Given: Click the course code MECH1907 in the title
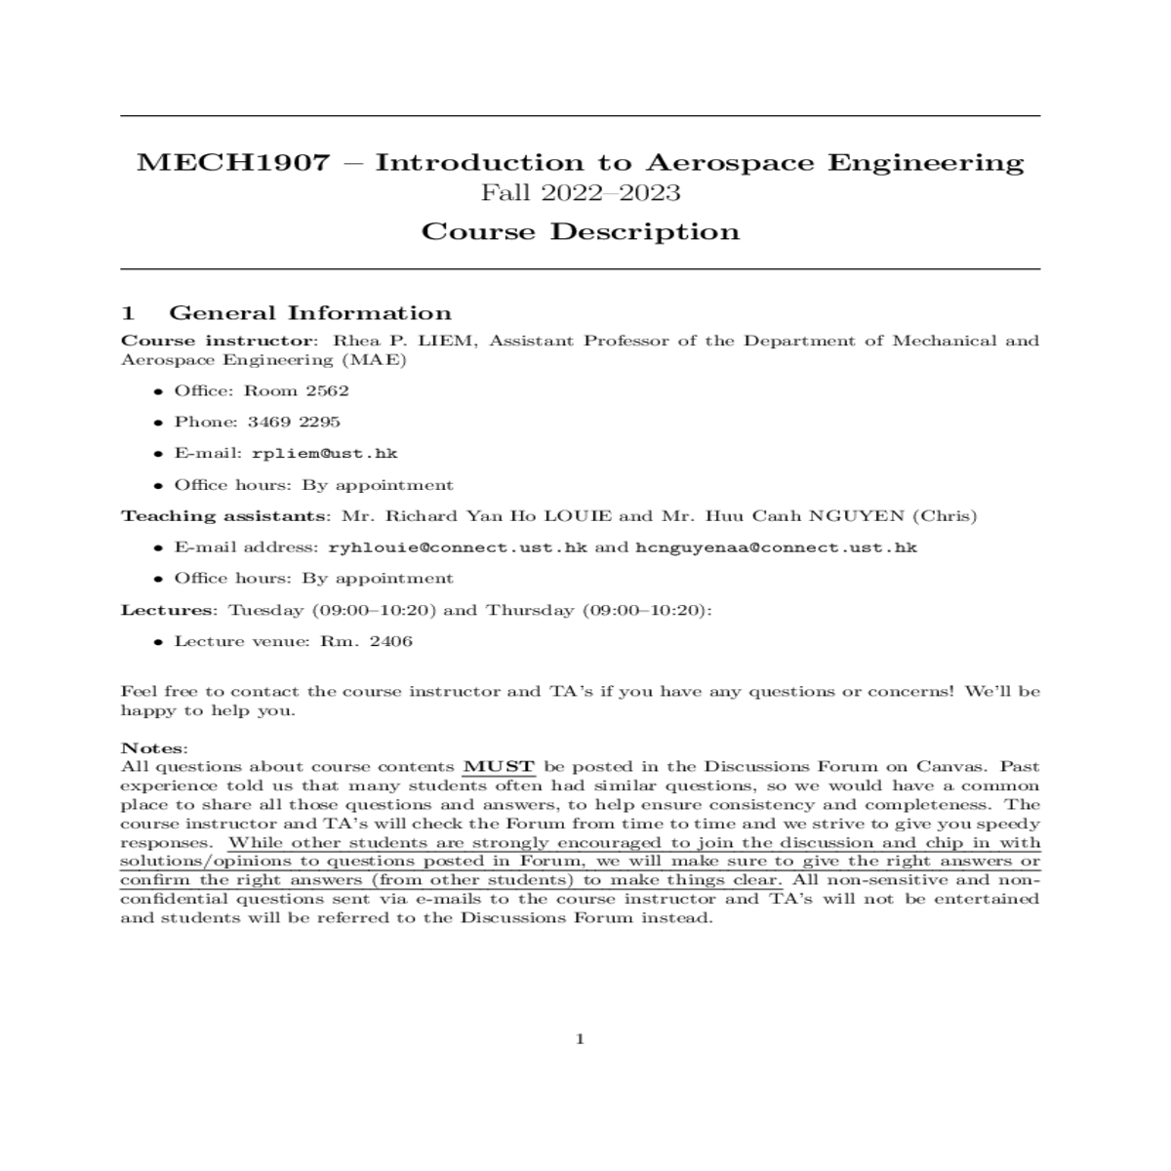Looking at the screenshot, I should (233, 162).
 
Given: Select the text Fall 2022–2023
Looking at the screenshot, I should (581, 192).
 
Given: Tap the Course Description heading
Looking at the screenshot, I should (581, 232).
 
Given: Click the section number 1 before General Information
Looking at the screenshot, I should (127, 313).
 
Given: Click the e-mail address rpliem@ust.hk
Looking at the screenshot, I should (324, 454).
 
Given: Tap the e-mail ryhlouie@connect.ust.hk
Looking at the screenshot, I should (458, 547).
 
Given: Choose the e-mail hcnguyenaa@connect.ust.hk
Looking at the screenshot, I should (776, 547).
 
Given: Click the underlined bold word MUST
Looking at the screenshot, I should (499, 767).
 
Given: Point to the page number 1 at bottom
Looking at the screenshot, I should (581, 1039).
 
